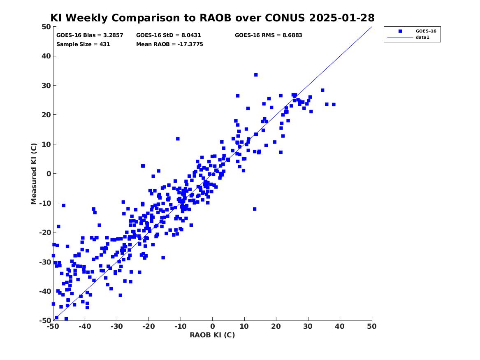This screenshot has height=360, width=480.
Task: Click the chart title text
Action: click(x=213, y=18)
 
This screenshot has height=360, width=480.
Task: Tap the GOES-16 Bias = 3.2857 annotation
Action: click(x=90, y=35)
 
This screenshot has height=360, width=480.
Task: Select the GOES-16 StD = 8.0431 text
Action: click(x=169, y=35)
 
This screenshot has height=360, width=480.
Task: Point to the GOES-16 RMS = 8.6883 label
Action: click(x=269, y=35)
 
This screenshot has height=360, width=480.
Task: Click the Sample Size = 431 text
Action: click(x=83, y=44)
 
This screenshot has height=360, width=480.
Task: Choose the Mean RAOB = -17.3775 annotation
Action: click(x=169, y=44)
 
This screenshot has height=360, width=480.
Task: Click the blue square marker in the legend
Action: click(x=400, y=31)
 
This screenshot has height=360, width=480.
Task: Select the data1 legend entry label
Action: click(x=422, y=37)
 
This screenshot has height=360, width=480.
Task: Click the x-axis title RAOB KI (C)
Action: click(x=213, y=335)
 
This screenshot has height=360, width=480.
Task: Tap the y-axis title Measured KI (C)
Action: click(x=34, y=174)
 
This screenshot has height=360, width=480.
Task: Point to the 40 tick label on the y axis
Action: click(x=46, y=56)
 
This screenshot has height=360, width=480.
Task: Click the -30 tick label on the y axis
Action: click(x=45, y=262)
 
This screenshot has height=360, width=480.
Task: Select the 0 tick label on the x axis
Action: click(x=213, y=326)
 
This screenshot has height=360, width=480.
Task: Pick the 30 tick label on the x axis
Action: click(x=308, y=326)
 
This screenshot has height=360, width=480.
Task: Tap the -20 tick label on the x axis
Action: click(x=148, y=326)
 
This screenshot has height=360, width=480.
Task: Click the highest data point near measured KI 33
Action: click(x=256, y=75)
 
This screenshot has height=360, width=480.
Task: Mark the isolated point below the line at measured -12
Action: click(x=255, y=209)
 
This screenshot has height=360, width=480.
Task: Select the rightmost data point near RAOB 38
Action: click(x=334, y=105)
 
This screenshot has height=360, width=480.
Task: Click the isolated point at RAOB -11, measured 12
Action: click(x=178, y=139)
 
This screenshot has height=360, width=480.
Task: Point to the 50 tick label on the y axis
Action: click(x=46, y=27)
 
